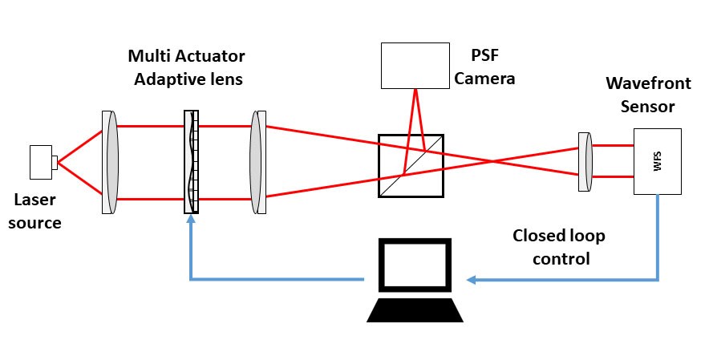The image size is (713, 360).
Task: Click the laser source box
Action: (40, 162)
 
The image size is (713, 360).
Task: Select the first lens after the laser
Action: (111, 163)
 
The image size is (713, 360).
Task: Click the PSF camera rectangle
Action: (415, 65)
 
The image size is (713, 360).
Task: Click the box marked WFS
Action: (658, 161)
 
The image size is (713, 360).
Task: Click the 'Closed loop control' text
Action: (559, 247)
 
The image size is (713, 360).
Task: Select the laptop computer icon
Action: (415, 281)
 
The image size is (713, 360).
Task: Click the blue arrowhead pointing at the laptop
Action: (472, 280)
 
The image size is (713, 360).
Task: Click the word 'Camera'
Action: (484, 79)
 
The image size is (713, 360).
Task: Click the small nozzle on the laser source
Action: (55, 163)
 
